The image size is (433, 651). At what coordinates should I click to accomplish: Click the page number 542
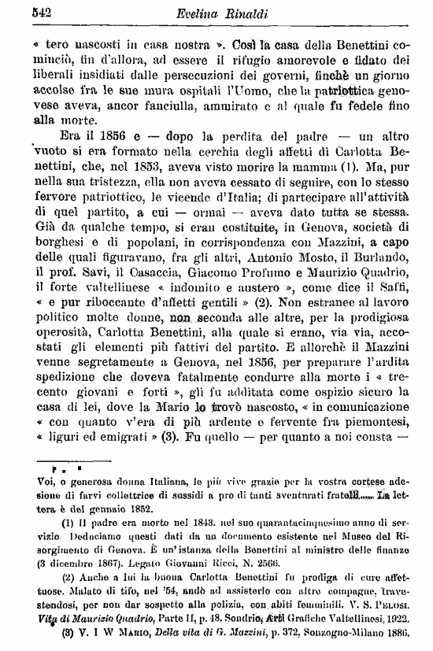click(20, 11)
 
